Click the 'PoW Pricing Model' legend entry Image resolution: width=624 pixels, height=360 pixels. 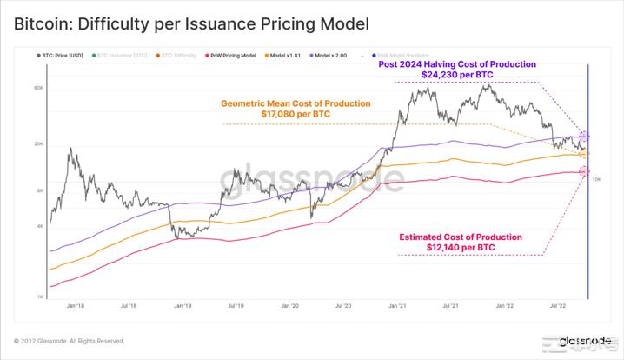click(233, 55)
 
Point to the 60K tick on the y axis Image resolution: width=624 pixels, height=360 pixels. click(38, 88)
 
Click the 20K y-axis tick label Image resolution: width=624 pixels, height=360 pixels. click(38, 144)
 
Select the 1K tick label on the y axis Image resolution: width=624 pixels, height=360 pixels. click(39, 297)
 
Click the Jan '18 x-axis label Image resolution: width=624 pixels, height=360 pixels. click(75, 307)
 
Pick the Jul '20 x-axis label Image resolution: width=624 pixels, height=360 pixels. click(342, 307)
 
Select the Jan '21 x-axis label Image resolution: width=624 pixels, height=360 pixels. click(396, 307)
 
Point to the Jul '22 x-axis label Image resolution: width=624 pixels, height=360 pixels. click(557, 307)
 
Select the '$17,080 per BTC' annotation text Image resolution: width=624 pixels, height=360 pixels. click(295, 114)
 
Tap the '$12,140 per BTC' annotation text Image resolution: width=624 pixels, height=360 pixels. click(460, 248)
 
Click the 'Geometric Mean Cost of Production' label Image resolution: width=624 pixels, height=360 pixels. click(295, 103)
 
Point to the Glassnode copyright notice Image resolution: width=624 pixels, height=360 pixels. click(69, 341)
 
